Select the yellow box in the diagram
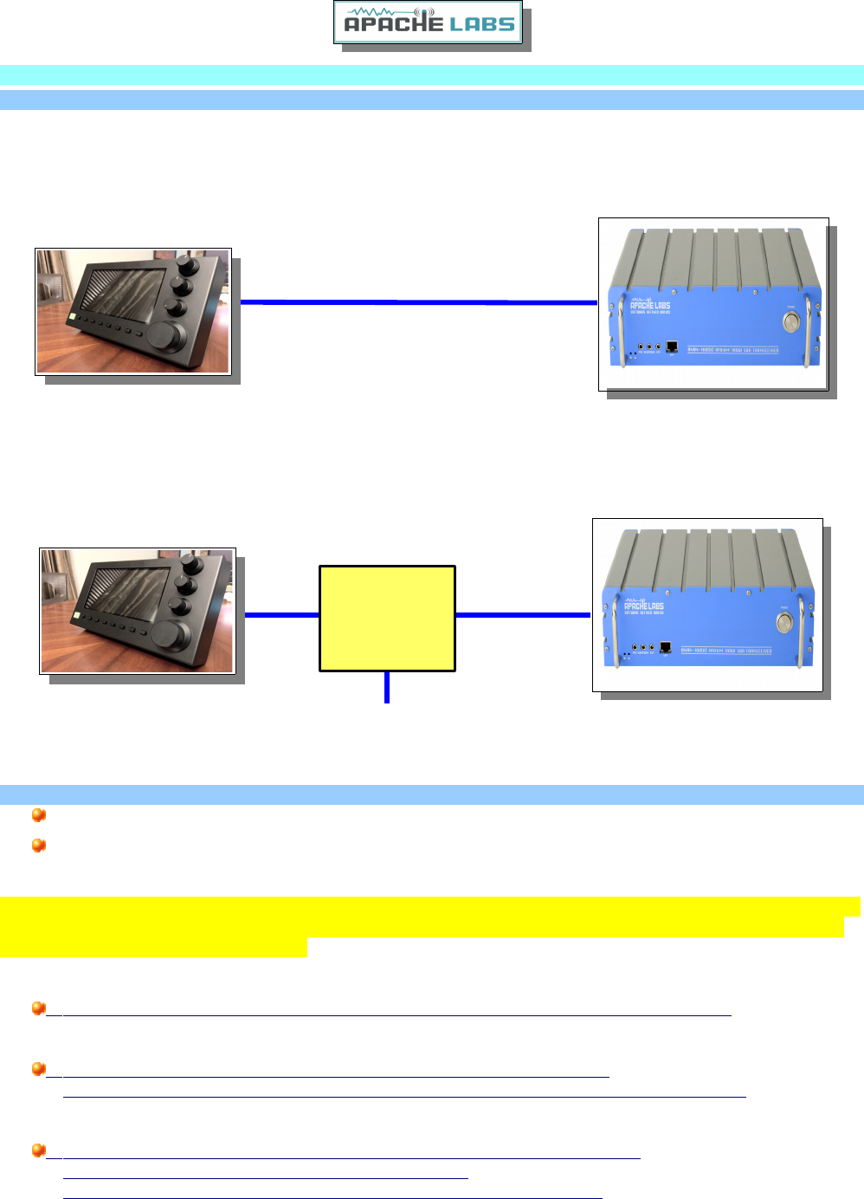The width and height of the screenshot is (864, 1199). pos(387,618)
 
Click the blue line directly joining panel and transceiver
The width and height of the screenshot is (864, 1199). pos(418,302)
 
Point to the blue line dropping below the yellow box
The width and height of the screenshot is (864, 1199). pos(387,687)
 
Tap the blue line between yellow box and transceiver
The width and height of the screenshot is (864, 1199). pos(523,615)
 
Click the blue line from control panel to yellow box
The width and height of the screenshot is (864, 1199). pos(282,614)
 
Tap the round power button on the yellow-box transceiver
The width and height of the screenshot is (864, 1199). pos(784,622)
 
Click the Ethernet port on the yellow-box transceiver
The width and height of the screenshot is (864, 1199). pos(666,647)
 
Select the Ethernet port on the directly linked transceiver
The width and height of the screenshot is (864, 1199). pos(672,347)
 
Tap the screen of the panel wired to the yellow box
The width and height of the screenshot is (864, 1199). pos(128,594)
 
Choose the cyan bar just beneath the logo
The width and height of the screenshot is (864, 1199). pos(432,75)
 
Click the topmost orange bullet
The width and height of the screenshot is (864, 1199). pos(38,815)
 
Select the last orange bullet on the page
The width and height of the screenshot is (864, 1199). pos(38,1150)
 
